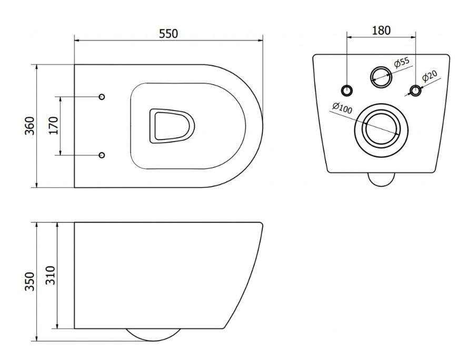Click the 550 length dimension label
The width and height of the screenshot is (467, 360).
click(x=168, y=33)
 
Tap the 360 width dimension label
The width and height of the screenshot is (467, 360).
click(x=30, y=126)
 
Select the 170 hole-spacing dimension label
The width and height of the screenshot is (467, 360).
click(x=54, y=125)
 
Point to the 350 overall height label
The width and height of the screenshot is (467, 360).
click(x=30, y=281)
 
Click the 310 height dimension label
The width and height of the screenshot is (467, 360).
click(x=51, y=275)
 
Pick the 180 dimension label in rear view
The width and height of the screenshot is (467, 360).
click(x=381, y=31)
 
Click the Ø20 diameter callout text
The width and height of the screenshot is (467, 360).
click(x=430, y=76)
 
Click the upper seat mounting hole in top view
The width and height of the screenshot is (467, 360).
click(x=102, y=97)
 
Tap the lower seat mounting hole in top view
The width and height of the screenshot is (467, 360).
click(x=102, y=155)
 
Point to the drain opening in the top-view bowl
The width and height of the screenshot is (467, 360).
click(x=172, y=126)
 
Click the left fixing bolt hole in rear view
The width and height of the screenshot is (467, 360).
click(x=346, y=90)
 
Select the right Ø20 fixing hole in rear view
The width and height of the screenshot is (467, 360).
click(x=415, y=90)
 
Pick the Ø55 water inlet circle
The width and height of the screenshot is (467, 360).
click(x=381, y=77)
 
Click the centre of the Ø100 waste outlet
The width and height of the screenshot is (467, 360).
click(x=381, y=130)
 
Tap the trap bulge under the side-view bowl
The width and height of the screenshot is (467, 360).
click(x=153, y=335)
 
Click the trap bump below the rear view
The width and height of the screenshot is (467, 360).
click(x=382, y=179)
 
